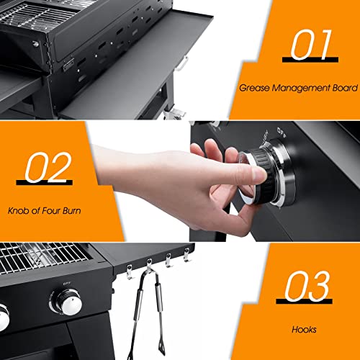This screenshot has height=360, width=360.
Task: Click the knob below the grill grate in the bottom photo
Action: (70, 305)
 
